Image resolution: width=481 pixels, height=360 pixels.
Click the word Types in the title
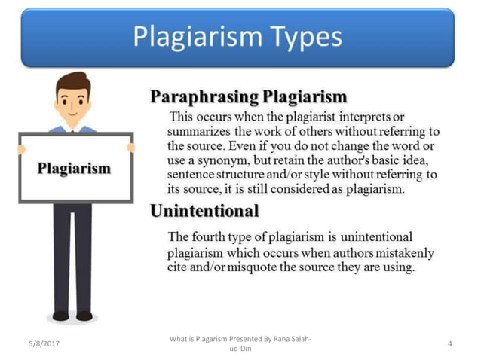299,37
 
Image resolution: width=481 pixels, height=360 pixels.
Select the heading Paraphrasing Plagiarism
249,96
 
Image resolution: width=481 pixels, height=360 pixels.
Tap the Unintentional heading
205,211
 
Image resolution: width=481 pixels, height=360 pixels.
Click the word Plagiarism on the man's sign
75,168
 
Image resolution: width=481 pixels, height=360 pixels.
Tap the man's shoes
72,315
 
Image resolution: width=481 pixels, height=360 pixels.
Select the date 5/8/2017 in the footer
44,344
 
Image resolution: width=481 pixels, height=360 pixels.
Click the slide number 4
449,344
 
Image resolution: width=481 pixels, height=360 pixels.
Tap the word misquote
266,267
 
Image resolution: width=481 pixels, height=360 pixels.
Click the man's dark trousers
72,256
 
